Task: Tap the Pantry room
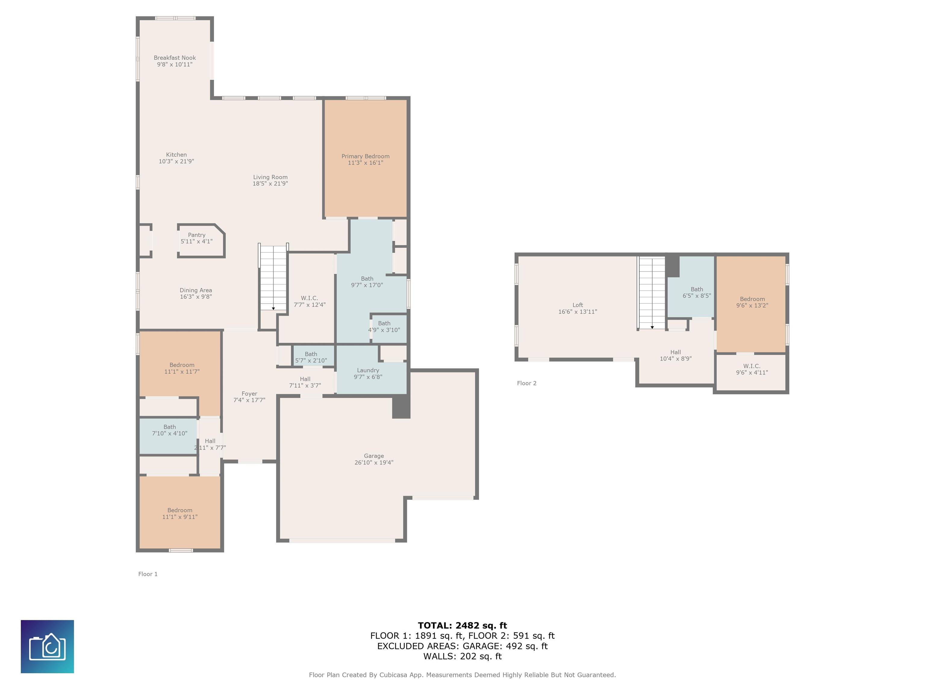pyautogui.click(x=201, y=241)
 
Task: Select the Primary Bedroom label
pyautogui.click(x=366, y=156)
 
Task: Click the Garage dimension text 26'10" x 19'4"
pyautogui.click(x=374, y=463)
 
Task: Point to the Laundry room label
pyautogui.click(x=368, y=370)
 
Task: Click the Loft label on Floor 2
pyautogui.click(x=578, y=305)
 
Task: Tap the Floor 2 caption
pyautogui.click(x=526, y=383)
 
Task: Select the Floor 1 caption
pyautogui.click(x=148, y=574)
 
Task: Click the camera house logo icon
pyautogui.click(x=47, y=646)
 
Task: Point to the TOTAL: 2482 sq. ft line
pyautogui.click(x=462, y=625)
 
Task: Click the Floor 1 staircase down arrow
pyautogui.click(x=273, y=309)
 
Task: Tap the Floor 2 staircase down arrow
pyautogui.click(x=652, y=327)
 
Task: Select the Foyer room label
pyautogui.click(x=249, y=394)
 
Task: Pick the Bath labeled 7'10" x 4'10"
pyautogui.click(x=168, y=436)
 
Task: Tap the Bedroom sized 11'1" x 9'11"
pyautogui.click(x=180, y=512)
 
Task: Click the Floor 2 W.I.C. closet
pyautogui.click(x=752, y=372)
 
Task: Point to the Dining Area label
pyautogui.click(x=196, y=290)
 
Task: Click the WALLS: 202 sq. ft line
pyautogui.click(x=462, y=656)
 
